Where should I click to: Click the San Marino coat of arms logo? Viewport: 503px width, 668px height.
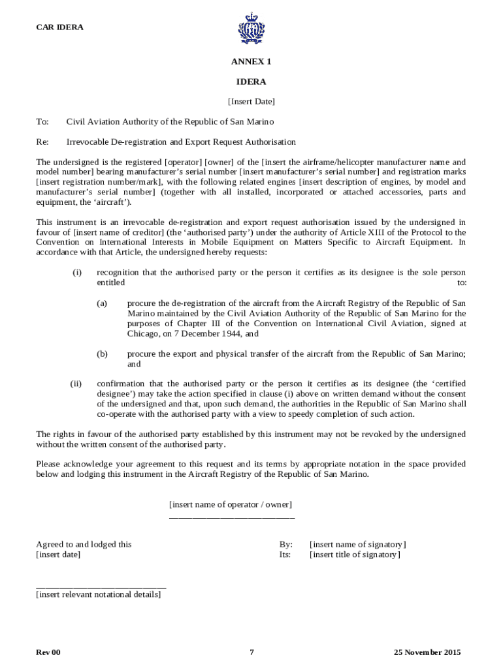pos(252,29)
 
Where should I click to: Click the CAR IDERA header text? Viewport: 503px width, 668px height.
pos(59,27)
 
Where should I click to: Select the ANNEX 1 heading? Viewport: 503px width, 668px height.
pos(251,62)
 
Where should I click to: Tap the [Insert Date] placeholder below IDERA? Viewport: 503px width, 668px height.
pos(251,102)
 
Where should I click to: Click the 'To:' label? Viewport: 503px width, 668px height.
pos(42,122)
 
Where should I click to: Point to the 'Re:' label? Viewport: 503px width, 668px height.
pos(42,142)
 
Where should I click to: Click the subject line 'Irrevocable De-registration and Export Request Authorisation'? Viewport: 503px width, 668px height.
pos(181,142)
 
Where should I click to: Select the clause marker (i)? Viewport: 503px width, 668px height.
pos(77,273)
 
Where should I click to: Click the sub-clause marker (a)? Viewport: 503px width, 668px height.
pos(102,303)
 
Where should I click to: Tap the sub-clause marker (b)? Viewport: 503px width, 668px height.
pos(102,354)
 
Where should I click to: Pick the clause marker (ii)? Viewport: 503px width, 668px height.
pos(76,384)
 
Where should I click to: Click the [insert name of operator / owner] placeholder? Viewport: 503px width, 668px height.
pos(231,505)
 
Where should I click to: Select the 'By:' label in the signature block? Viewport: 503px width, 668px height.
pos(286,545)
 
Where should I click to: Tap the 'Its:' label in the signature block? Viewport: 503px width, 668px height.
pos(285,555)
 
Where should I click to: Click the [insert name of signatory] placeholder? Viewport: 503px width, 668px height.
pos(357,545)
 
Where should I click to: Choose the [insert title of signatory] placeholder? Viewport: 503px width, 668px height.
pos(355,555)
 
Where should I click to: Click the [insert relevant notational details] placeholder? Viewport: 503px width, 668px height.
pos(99,595)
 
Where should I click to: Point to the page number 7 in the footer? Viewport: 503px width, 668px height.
pos(252,652)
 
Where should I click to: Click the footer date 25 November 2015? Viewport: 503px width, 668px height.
pos(427,652)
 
